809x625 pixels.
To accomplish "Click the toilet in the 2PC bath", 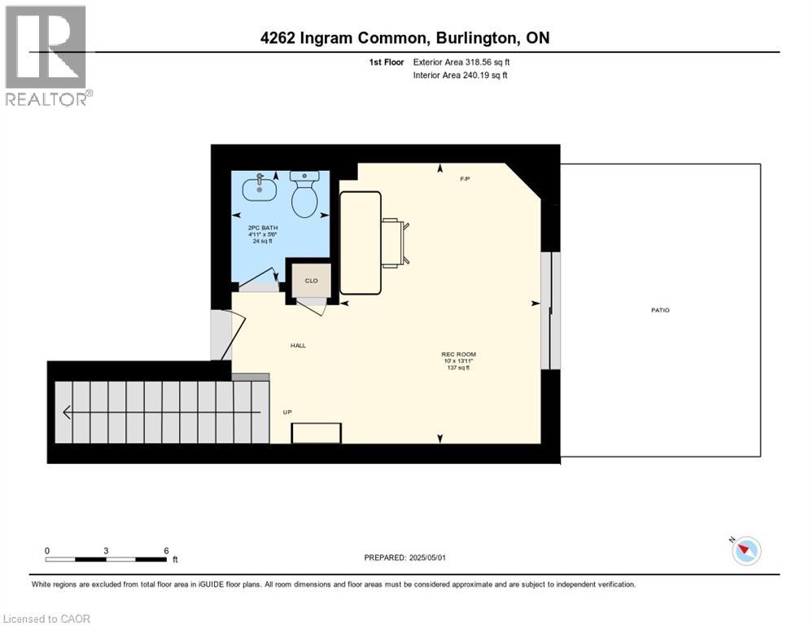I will click(304, 195).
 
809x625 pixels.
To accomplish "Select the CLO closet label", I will click(311, 280).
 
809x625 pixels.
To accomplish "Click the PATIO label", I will click(660, 310).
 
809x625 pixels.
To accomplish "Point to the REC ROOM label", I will click(458, 354).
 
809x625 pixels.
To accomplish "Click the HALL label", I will click(298, 346).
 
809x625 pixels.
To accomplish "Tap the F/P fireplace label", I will click(466, 178).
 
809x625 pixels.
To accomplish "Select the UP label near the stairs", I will click(287, 412).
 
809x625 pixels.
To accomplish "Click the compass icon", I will click(746, 551).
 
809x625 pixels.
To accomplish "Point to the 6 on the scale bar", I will click(166, 550).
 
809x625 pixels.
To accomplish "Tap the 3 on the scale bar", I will click(106, 550).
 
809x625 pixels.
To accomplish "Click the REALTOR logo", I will click(47, 55).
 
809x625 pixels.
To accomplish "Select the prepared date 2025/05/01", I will click(406, 557).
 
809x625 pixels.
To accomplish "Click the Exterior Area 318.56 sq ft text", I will click(461, 62).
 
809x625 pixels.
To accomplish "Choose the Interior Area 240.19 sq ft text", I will click(461, 76).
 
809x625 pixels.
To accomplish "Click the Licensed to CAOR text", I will click(48, 618).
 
